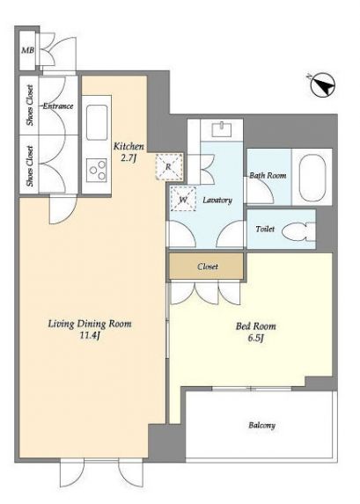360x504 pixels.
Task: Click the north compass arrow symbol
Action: tap(323, 85)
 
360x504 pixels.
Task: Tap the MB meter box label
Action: tap(27, 50)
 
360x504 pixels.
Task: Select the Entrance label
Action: tap(58, 106)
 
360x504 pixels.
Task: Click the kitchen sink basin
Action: tap(97, 122)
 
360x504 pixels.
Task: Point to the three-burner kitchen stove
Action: tap(97, 171)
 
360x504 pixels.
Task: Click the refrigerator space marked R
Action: tap(169, 167)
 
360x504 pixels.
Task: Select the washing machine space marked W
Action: tap(183, 200)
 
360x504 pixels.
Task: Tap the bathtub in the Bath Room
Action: tap(312, 176)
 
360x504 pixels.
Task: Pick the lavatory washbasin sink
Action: tap(222, 129)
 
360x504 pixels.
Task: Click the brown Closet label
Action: tap(208, 267)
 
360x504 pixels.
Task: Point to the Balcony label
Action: tap(262, 426)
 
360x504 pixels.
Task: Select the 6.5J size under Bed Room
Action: tap(256, 338)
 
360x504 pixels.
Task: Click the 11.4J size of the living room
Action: tap(90, 336)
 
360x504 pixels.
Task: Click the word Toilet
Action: tap(265, 230)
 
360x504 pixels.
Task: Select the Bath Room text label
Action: tap(268, 176)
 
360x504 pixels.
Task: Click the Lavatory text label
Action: tap(217, 201)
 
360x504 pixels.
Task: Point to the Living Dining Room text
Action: tap(90, 324)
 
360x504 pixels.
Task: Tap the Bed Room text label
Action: tap(256, 326)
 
